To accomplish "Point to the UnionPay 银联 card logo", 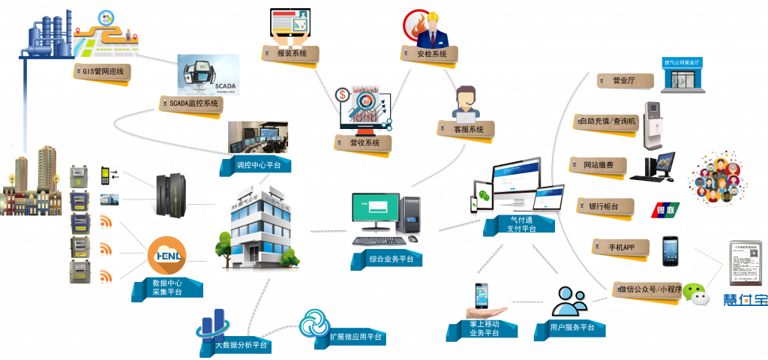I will point(664,209).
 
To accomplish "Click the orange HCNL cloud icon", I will point(166,256).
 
